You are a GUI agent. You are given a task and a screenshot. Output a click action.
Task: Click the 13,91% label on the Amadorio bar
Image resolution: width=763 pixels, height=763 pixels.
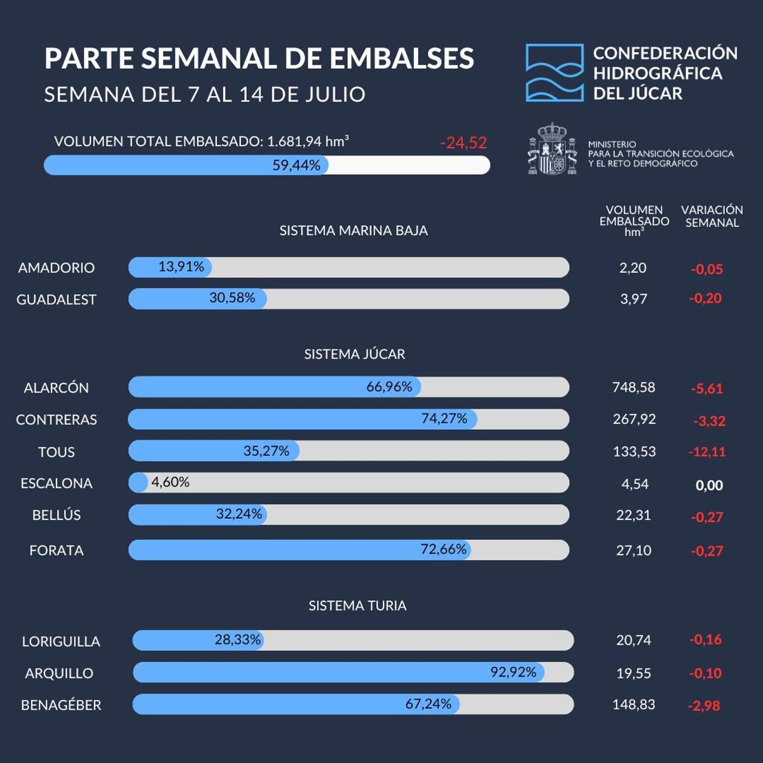pos(181,267)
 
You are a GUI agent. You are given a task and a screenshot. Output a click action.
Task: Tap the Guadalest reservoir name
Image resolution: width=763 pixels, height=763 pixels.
pos(57,299)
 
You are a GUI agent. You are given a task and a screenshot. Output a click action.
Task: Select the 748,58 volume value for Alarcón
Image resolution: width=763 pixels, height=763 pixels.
pos(633,387)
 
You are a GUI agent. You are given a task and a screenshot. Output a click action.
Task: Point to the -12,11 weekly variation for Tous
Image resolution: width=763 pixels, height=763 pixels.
pos(707,452)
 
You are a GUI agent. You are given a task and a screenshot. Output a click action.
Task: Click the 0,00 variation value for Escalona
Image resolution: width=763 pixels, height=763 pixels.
pos(709,485)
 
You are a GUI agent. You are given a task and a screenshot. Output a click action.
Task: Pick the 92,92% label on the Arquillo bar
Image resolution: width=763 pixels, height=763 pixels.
pos(513,672)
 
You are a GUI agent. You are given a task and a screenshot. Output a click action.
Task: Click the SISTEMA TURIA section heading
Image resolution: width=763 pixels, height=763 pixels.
pos(357,606)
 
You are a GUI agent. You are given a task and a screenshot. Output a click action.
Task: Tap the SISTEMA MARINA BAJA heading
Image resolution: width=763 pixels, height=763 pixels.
pos(354,231)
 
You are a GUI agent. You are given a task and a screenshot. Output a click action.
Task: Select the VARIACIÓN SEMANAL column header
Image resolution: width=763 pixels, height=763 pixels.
pos(711,216)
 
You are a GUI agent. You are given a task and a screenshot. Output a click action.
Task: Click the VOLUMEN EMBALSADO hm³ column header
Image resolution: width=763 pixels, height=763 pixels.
pos(634,221)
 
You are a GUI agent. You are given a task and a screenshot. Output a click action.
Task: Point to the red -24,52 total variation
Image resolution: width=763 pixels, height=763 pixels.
pos(463,143)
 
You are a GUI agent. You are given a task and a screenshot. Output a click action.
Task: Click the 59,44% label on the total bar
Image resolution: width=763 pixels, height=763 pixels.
pos(296,165)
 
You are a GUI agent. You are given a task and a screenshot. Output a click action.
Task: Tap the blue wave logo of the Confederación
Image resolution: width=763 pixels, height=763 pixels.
pos(554,73)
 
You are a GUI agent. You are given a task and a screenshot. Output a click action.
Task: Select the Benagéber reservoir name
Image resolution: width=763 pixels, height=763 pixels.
pos(61,705)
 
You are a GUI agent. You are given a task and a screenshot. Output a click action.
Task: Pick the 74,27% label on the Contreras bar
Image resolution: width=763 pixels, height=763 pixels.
pos(444,418)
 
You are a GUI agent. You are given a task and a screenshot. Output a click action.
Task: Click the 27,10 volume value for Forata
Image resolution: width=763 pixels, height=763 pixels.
pos(633,551)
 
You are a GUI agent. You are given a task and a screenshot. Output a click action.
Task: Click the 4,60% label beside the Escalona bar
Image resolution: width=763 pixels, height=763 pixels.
pos(170,483)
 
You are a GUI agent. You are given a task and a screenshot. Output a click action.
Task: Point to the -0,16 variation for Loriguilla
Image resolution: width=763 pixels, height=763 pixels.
pos(705,640)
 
